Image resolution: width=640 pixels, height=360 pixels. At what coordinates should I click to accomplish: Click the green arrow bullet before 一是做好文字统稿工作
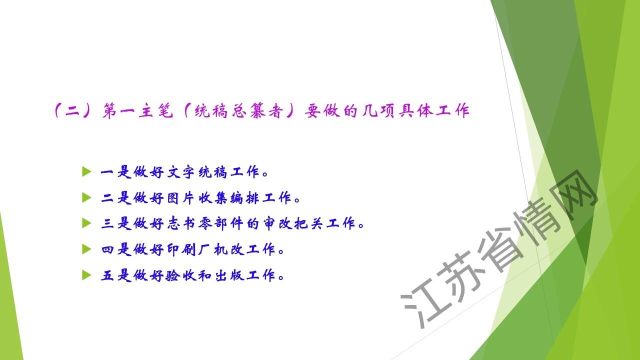86,171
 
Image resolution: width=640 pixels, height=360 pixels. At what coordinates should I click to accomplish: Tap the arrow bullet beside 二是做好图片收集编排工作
86,197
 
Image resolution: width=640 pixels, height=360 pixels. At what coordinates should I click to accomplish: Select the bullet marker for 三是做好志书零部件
86,223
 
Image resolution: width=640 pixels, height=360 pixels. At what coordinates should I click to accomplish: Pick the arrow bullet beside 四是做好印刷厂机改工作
86,249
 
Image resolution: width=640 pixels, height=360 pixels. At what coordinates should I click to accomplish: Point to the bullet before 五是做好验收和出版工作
86,275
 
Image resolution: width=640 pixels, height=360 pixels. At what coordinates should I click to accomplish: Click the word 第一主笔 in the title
137,110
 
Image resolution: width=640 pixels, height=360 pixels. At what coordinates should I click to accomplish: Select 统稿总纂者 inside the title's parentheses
239,111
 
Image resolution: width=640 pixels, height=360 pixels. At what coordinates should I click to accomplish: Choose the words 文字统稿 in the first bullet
197,172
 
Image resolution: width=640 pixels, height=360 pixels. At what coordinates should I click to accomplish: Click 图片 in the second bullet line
180,197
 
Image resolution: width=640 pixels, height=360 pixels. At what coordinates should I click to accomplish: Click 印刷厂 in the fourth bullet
188,249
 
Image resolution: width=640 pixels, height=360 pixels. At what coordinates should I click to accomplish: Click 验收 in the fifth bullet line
180,275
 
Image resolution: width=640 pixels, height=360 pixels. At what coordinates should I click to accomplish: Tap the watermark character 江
422,305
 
